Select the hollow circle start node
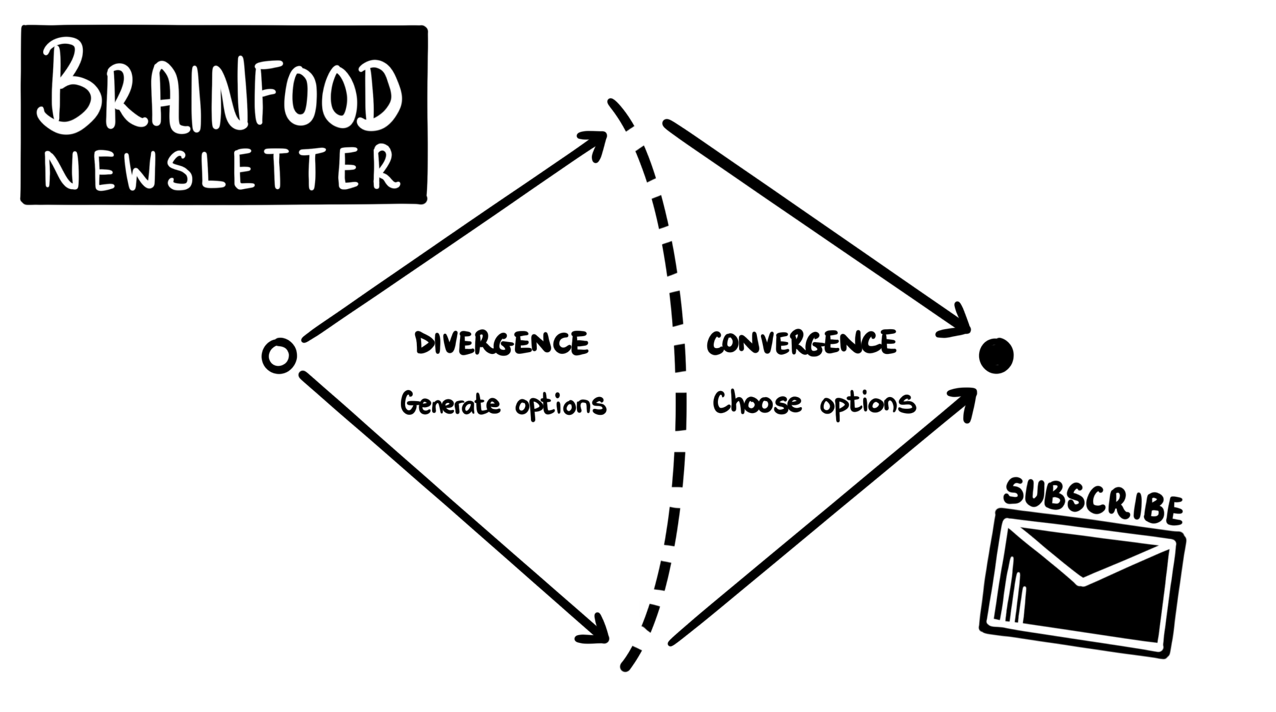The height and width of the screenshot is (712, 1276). pos(279,356)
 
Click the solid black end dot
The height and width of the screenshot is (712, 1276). pos(996,356)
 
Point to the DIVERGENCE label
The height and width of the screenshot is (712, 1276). pos(501,343)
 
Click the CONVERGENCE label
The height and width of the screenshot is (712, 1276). pos(801,343)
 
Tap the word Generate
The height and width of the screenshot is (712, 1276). pos(450,404)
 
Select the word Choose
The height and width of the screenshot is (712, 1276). pos(757,403)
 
